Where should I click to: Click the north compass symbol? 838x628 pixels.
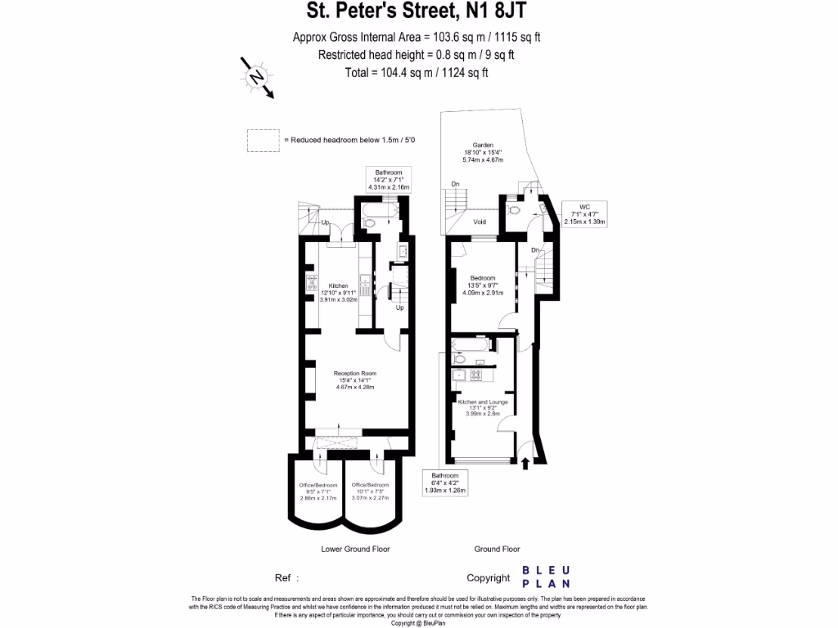(257, 77)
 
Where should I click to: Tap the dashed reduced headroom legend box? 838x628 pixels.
(264, 141)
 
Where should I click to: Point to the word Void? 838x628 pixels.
(481, 222)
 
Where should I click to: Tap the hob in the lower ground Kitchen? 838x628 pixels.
(312, 284)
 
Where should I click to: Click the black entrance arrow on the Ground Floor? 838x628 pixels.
(525, 464)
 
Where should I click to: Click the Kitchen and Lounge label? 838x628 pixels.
(483, 407)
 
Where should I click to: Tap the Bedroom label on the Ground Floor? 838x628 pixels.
(483, 285)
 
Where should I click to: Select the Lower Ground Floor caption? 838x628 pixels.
(354, 549)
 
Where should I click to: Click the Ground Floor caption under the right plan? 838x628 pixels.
(497, 549)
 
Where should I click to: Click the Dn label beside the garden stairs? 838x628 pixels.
(455, 184)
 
